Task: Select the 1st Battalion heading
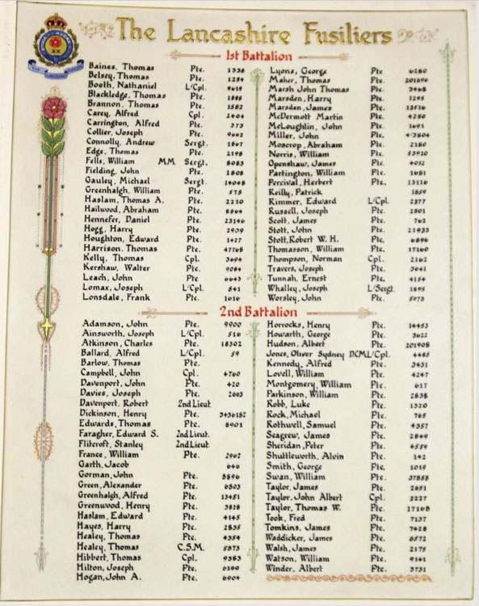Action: coord(259,56)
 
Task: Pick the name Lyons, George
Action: coord(298,71)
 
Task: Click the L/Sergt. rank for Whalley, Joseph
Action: coord(380,288)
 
